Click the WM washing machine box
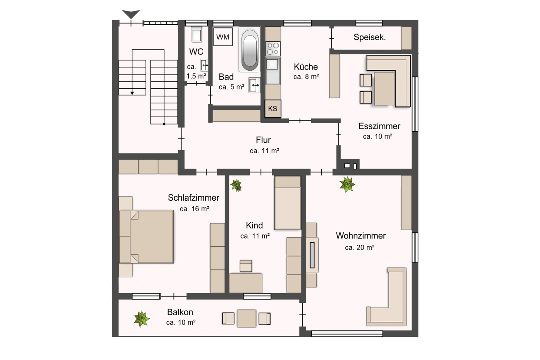[x=223, y=37]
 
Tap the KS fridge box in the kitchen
[x=273, y=109]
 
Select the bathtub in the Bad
[x=250, y=49]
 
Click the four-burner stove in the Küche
[x=273, y=49]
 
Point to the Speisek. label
[x=369, y=37]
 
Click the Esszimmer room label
[x=379, y=126]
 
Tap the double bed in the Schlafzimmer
[x=146, y=237]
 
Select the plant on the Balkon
[x=142, y=319]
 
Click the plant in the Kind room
[x=236, y=185]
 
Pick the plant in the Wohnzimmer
[x=347, y=184]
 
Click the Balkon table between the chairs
[x=246, y=318]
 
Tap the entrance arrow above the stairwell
[x=131, y=14]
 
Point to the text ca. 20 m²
[x=359, y=247]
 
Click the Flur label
[x=263, y=140]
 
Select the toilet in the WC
[x=197, y=34]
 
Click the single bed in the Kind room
[x=288, y=203]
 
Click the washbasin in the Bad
[x=254, y=85]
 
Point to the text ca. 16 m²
[x=194, y=209]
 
